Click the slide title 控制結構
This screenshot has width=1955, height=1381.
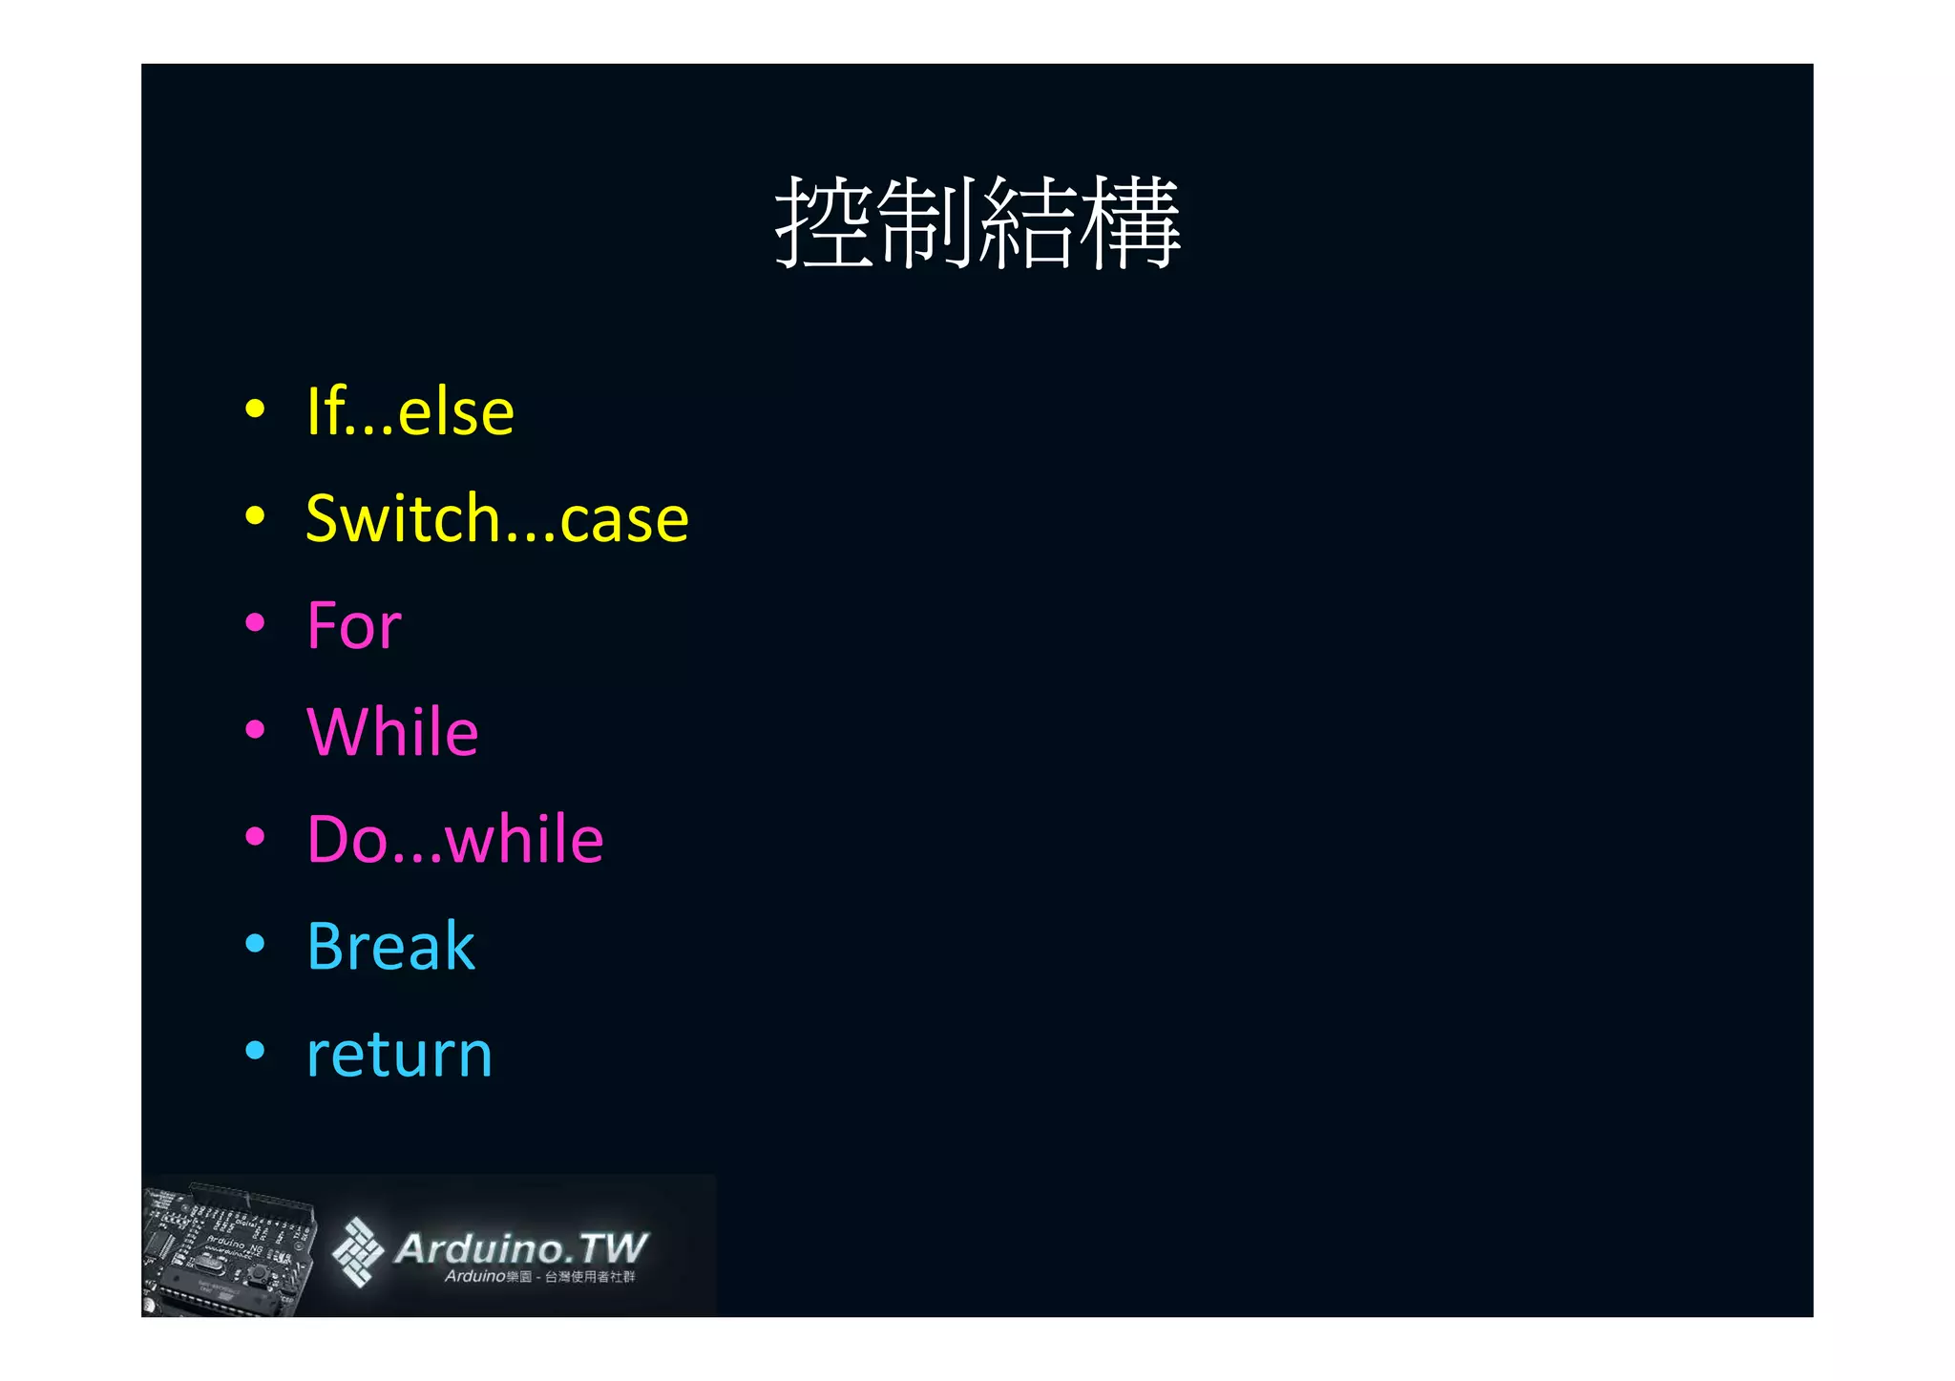[977, 222]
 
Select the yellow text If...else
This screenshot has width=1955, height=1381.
[410, 412]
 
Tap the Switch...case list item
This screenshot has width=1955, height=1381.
[496, 519]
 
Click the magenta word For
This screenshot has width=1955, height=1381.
[354, 626]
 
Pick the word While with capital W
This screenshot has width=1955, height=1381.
[392, 733]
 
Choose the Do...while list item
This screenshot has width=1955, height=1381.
[455, 840]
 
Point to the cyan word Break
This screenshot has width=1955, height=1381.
[390, 947]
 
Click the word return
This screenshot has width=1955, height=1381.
[399, 1055]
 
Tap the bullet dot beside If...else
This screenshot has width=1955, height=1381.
[254, 409]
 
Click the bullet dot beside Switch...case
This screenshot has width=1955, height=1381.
[254, 516]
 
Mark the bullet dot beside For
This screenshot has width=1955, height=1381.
[254, 623]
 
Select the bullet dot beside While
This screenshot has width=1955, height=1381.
[254, 730]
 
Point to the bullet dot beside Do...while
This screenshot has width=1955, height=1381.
[254, 837]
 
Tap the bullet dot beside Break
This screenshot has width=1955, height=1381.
[254, 944]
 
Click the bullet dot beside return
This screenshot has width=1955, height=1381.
[254, 1051]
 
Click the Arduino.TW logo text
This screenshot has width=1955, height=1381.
[521, 1247]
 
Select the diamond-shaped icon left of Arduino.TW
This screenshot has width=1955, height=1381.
[357, 1251]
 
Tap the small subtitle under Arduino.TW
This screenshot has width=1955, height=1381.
[539, 1277]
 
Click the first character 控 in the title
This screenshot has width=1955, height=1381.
[823, 222]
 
